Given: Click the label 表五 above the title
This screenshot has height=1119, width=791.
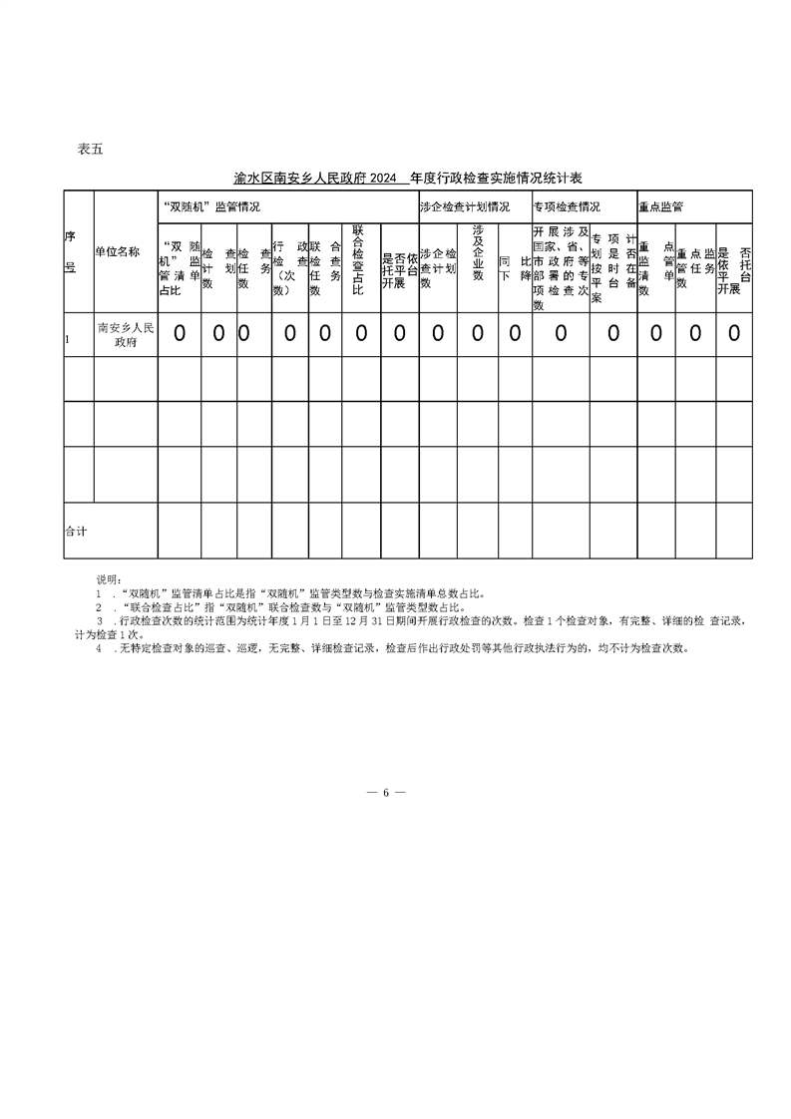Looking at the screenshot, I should [90, 150].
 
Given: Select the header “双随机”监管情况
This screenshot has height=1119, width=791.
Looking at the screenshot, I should [210, 207].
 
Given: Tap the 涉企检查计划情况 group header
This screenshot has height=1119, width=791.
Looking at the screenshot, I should [464, 207].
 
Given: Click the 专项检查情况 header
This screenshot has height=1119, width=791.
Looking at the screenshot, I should [567, 207].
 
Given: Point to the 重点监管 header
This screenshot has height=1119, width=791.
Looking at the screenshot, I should [660, 207].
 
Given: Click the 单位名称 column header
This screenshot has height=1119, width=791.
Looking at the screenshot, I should [118, 252].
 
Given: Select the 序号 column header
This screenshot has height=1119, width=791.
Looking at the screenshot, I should [71, 252].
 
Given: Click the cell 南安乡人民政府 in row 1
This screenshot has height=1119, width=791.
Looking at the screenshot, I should [126, 333].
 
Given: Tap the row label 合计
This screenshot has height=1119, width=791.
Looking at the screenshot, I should [76, 532].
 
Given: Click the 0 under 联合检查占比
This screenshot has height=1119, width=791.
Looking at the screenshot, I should [361, 333].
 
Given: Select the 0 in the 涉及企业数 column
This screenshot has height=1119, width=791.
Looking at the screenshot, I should [478, 333].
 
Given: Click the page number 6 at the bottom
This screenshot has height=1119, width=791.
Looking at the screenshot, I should [385, 792].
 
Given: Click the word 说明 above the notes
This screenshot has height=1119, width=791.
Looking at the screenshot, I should [108, 578].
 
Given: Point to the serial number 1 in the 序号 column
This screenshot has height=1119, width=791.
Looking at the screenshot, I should [67, 340].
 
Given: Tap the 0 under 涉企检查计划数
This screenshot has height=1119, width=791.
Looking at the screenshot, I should [437, 333].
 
